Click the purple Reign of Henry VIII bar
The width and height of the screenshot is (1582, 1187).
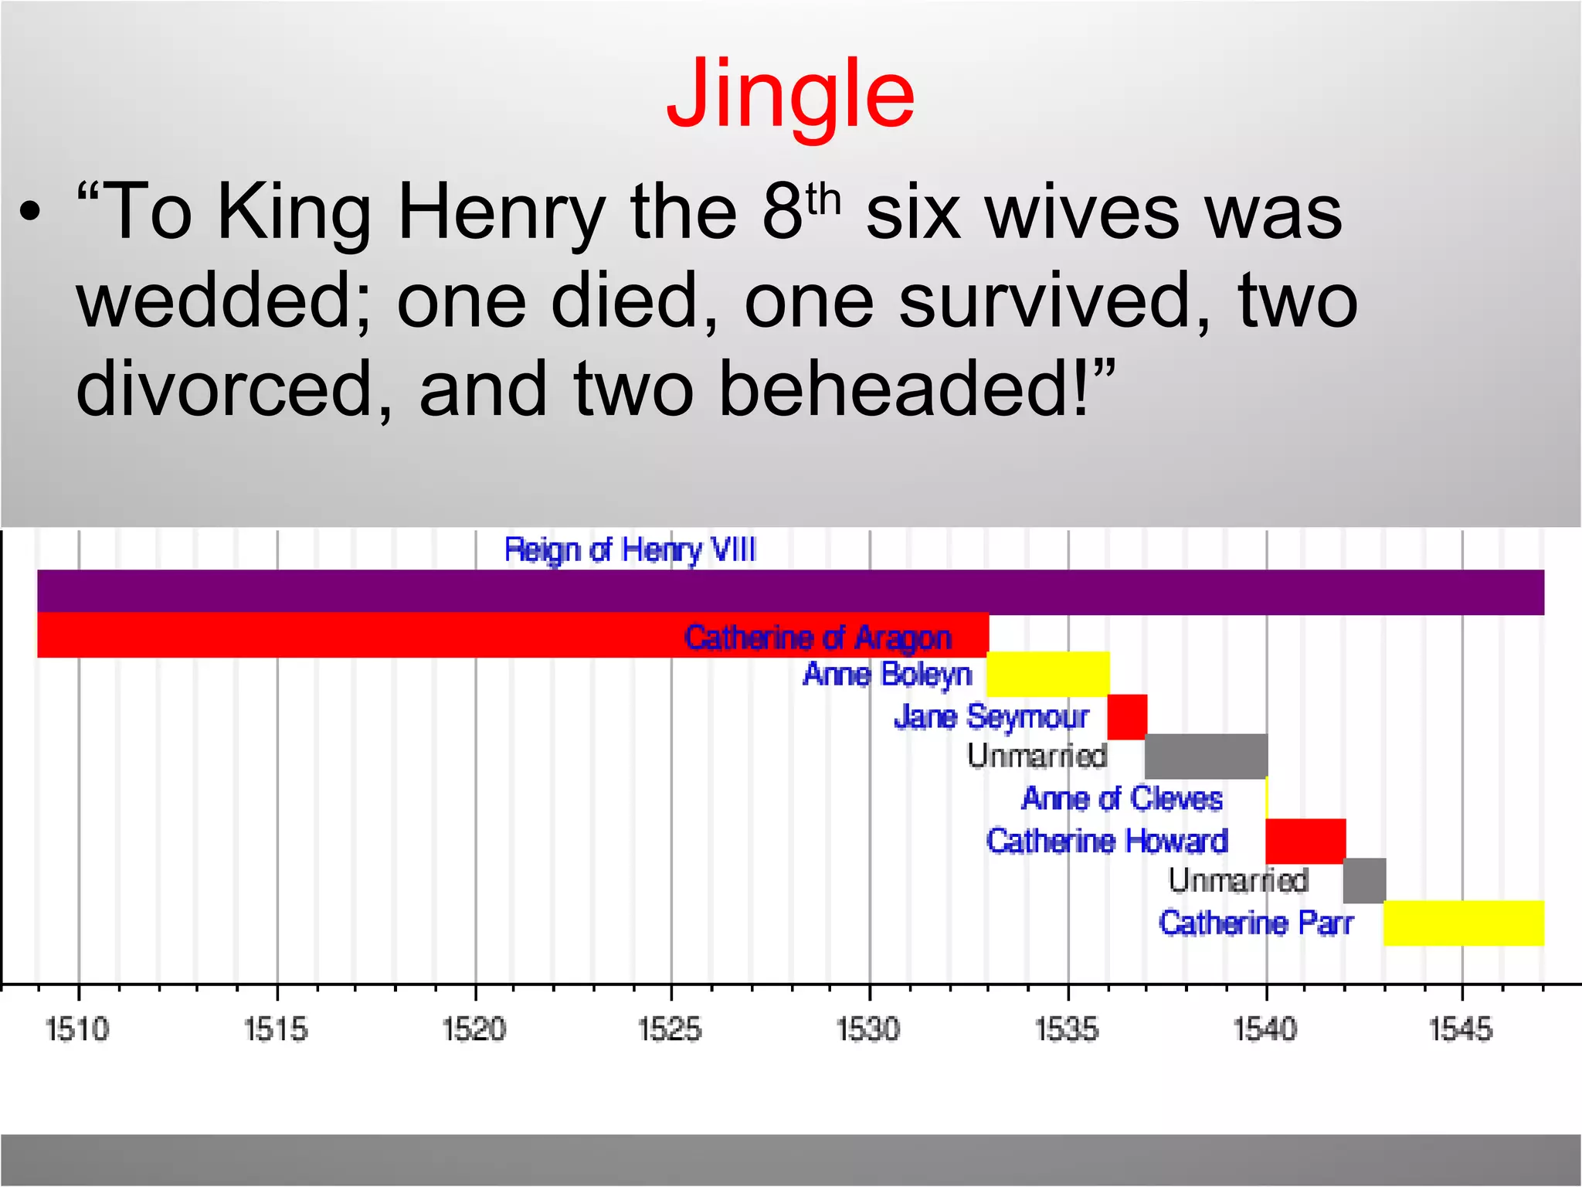point(790,591)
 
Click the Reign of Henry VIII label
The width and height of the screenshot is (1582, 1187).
point(630,550)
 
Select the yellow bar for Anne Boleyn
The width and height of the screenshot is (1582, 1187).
point(1047,674)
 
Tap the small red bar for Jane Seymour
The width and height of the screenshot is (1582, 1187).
point(1127,717)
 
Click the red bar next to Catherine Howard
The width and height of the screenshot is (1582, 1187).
point(1305,841)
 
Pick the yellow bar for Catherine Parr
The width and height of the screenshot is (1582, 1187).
point(1463,923)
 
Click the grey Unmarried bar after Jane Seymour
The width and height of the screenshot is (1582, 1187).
point(1206,756)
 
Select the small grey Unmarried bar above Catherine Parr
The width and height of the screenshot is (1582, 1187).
point(1364,880)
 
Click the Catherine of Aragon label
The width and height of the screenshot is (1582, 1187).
point(817,638)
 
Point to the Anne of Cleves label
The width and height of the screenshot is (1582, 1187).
point(1122,798)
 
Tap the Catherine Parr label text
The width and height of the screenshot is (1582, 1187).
point(1256,923)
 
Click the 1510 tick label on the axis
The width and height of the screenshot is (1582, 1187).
point(77,1029)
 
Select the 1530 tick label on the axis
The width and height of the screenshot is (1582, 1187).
point(869,1029)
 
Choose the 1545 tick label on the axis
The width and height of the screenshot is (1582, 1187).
point(1461,1029)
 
